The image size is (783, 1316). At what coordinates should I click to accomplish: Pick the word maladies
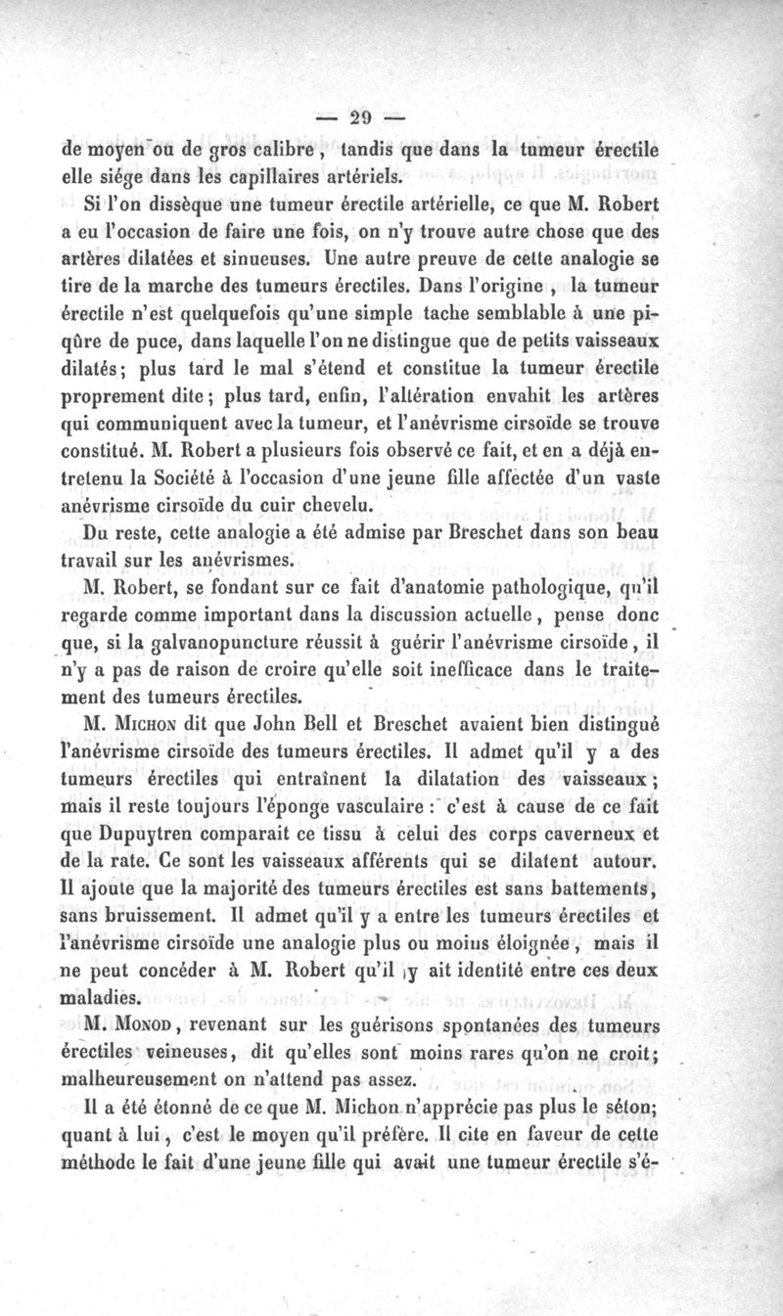pos(100,999)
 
